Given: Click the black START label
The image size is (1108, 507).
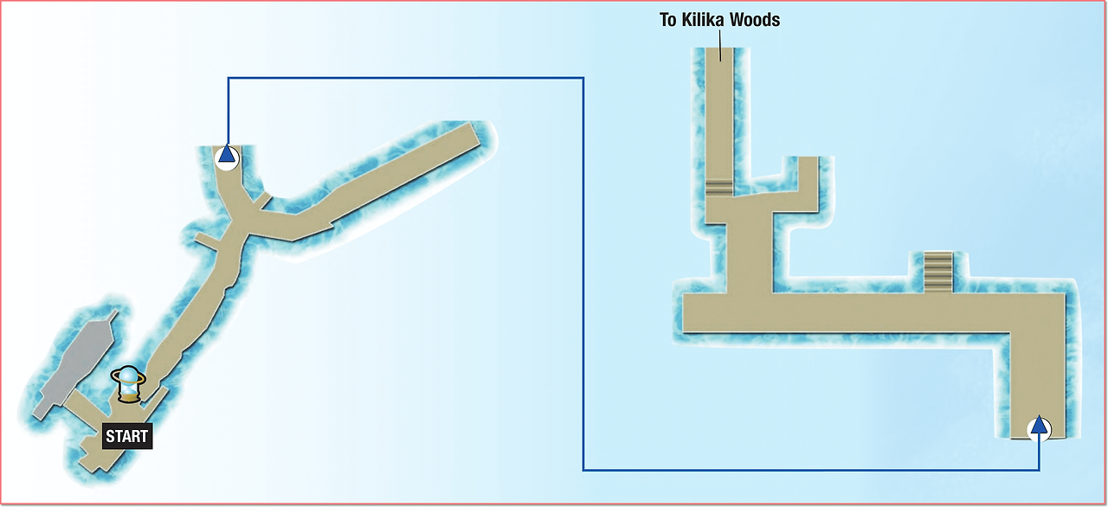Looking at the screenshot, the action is [x=127, y=436].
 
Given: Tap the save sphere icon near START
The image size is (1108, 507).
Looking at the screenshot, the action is [x=128, y=384].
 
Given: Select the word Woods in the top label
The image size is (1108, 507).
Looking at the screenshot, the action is [x=755, y=20].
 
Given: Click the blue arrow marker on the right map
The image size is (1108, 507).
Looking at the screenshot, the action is [x=1039, y=429].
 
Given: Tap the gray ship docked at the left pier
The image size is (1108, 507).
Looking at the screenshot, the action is [x=75, y=366].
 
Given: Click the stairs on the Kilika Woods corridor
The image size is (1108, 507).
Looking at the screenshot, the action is [x=718, y=188].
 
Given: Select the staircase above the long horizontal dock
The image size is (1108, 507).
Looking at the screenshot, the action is [x=937, y=273].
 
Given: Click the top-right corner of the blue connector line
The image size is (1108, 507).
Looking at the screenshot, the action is [x=583, y=78].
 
